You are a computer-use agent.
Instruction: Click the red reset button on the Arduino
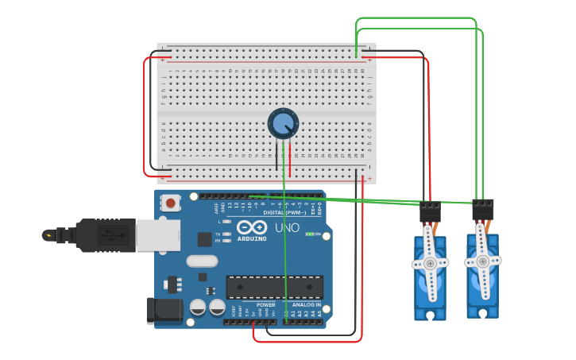[169, 203]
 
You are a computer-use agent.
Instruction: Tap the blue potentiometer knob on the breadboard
[283, 123]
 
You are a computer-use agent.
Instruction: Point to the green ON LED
[308, 234]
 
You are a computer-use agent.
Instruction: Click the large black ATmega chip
[275, 287]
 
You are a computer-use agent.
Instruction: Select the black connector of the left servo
[430, 211]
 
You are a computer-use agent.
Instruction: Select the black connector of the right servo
[482, 209]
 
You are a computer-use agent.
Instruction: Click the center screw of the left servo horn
[430, 263]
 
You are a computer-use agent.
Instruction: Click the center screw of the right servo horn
[482, 260]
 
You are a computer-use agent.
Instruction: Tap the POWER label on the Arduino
[265, 304]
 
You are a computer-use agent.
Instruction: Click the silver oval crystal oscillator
[202, 261]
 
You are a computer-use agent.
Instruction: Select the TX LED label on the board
[218, 234]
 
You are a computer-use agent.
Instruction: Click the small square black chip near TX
[204, 238]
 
